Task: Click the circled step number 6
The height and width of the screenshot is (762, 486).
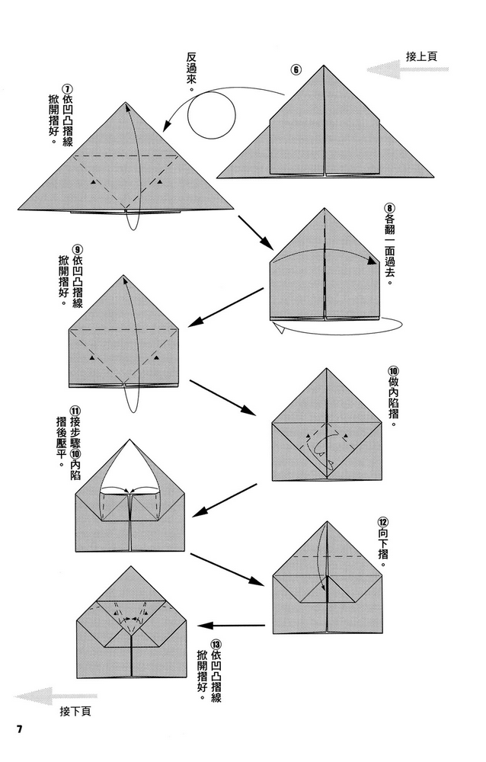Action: click(x=296, y=71)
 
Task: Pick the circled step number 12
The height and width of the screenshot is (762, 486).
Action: click(x=383, y=523)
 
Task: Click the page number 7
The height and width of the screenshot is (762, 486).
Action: click(x=21, y=728)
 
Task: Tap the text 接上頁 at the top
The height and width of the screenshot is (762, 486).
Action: click(x=421, y=56)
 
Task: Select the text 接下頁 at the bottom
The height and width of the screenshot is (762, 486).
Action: click(x=75, y=712)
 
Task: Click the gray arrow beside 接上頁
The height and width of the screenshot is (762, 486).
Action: click(x=397, y=69)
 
